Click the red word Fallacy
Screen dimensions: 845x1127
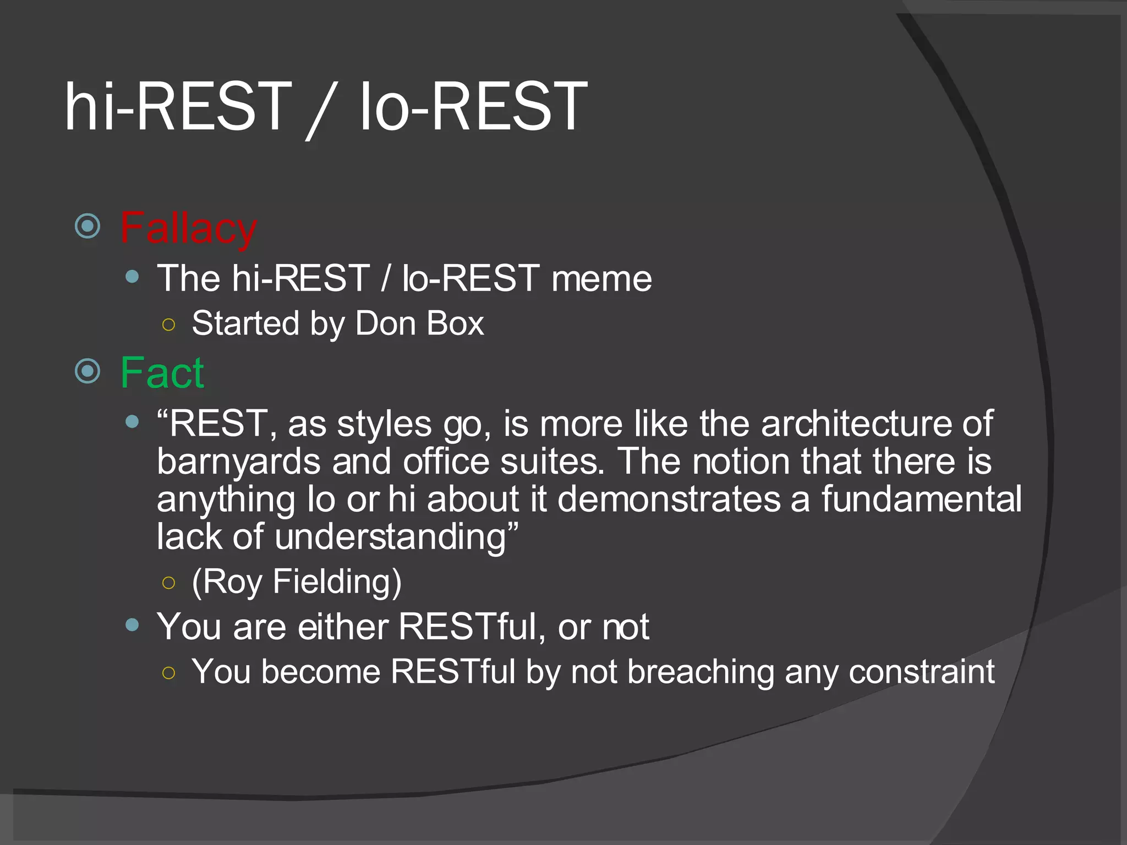188,228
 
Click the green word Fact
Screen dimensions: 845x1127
162,373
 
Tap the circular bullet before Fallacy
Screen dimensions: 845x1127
87,226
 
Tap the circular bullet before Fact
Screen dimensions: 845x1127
87,371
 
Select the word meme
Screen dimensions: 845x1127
601,279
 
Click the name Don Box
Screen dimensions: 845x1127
419,323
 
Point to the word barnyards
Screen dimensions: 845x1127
238,462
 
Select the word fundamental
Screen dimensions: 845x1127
921,500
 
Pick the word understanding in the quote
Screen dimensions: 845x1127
390,537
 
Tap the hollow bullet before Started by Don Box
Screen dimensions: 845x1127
169,325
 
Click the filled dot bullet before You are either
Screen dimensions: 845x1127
132,625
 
